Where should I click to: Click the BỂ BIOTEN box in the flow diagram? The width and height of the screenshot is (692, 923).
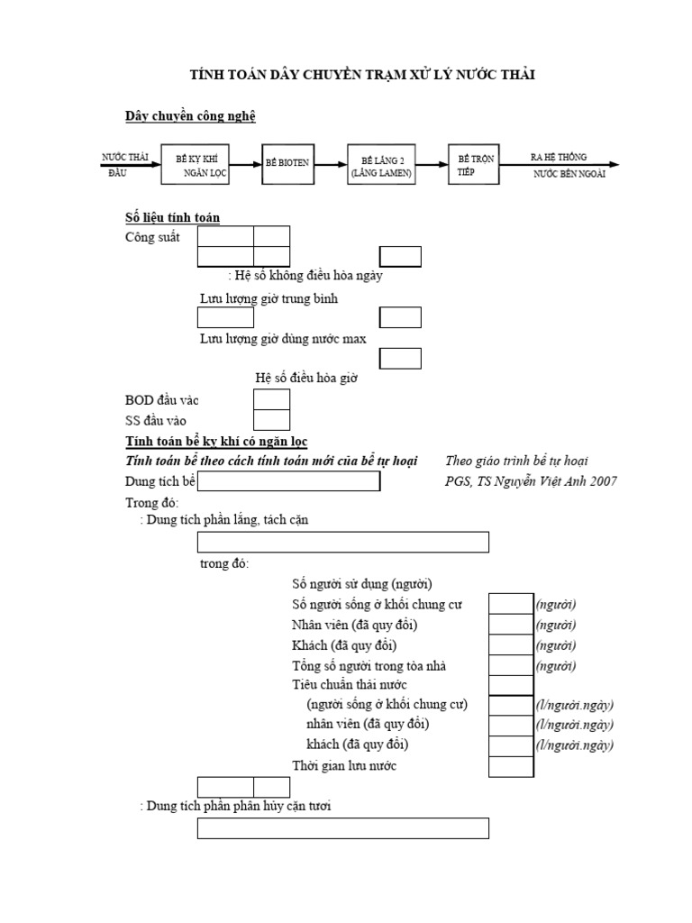(287, 163)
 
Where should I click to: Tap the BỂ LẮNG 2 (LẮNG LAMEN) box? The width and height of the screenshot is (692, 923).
(383, 163)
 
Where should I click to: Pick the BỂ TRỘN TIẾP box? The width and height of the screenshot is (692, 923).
(475, 163)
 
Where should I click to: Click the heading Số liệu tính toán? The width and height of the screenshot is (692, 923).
(172, 217)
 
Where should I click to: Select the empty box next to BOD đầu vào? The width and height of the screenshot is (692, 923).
(271, 399)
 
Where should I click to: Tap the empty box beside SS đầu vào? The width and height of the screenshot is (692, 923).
(271, 420)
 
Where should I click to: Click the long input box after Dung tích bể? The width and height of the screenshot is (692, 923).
(288, 482)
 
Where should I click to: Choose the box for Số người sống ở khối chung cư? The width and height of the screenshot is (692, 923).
(511, 604)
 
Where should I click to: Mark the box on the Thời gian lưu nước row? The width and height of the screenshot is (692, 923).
(511, 766)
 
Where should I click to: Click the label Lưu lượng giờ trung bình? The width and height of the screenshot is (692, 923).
(269, 298)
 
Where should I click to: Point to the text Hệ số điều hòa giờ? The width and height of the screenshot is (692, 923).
(306, 379)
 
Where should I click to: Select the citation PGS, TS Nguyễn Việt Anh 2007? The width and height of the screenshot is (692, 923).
(531, 481)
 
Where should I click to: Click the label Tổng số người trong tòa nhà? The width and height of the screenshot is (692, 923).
(369, 666)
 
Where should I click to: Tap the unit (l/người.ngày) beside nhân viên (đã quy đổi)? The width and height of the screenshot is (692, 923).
(575, 725)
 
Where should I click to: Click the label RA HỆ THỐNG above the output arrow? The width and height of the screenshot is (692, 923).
(559, 157)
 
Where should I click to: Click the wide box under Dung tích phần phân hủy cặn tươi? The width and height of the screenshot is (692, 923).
(343, 828)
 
